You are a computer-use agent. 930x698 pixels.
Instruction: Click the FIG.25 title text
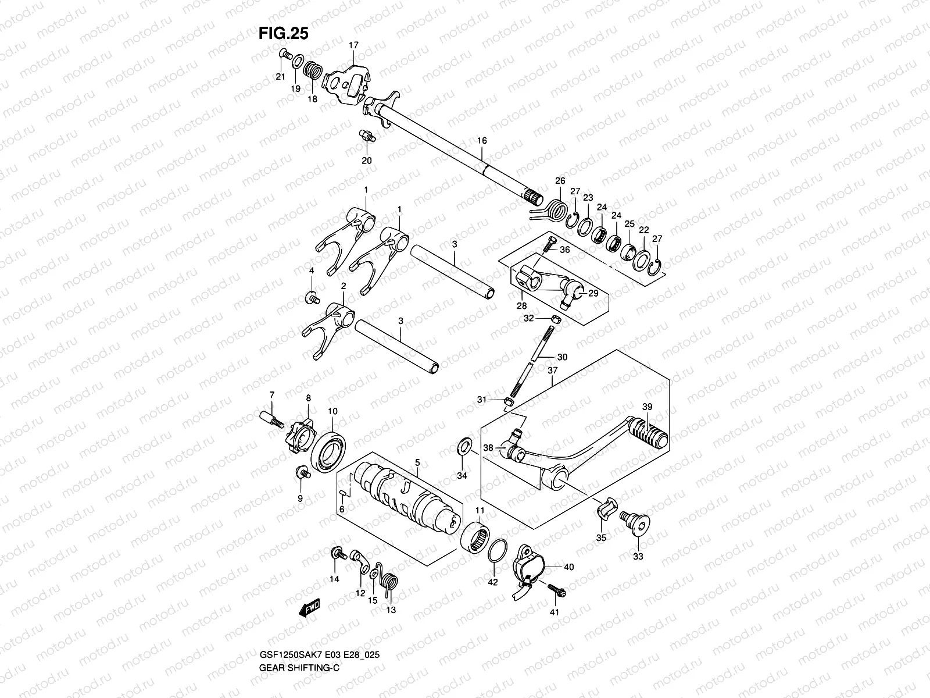[283, 34]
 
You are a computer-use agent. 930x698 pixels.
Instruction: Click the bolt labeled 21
[285, 54]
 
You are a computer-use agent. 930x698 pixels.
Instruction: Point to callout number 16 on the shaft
[482, 141]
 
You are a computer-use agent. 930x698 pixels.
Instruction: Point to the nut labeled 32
[555, 319]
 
